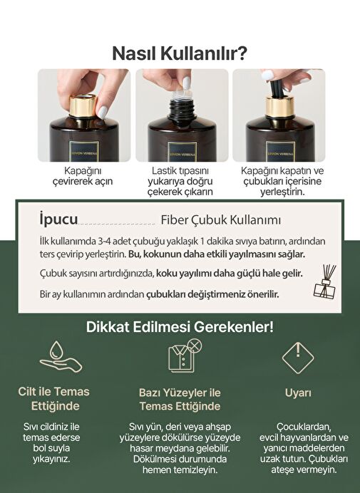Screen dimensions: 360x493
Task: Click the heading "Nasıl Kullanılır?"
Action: click(180, 53)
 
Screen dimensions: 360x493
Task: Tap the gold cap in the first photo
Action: click(83, 106)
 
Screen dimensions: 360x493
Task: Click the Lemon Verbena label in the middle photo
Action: click(182, 152)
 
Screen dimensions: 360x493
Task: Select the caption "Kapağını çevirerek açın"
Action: click(83, 176)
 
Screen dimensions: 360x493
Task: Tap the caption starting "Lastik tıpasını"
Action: click(180, 182)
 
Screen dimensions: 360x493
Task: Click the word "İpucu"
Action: click(59, 219)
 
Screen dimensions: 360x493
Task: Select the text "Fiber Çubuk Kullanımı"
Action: click(220, 219)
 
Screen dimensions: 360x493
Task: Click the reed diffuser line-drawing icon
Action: click(325, 281)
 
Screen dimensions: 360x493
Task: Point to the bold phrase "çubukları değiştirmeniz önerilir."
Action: click(212, 294)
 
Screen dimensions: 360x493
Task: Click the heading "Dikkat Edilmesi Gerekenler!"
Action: click(180, 327)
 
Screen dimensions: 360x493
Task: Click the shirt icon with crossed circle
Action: click(185, 356)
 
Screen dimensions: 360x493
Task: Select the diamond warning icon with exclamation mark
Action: click(298, 358)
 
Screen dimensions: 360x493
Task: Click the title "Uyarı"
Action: click(298, 393)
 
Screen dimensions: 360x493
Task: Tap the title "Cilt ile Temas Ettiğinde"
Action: click(53, 399)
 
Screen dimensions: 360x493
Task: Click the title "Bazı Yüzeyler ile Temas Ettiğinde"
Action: click(180, 399)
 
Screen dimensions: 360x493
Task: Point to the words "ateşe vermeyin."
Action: click(304, 469)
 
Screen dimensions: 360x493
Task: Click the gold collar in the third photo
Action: click(279, 108)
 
